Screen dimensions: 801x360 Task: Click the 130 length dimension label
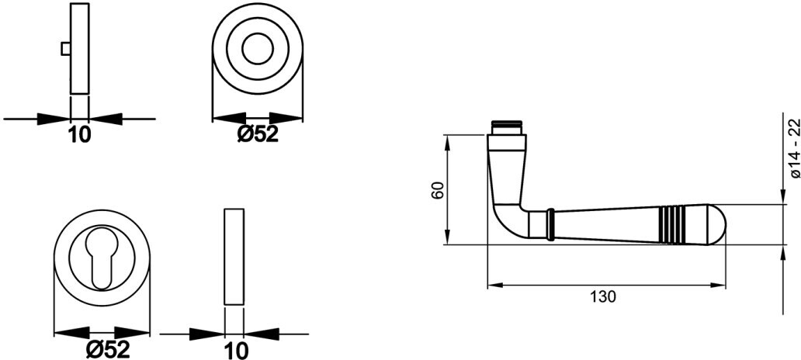(x=603, y=296)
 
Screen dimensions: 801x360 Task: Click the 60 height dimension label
(x=437, y=190)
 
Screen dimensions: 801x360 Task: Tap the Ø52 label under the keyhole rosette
(x=109, y=349)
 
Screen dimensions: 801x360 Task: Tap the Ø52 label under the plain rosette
(x=258, y=134)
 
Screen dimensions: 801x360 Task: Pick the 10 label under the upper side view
(x=79, y=134)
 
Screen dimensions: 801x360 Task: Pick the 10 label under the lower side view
(x=235, y=350)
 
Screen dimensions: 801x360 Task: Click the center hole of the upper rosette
(x=258, y=50)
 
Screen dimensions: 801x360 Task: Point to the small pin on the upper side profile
(x=66, y=49)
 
